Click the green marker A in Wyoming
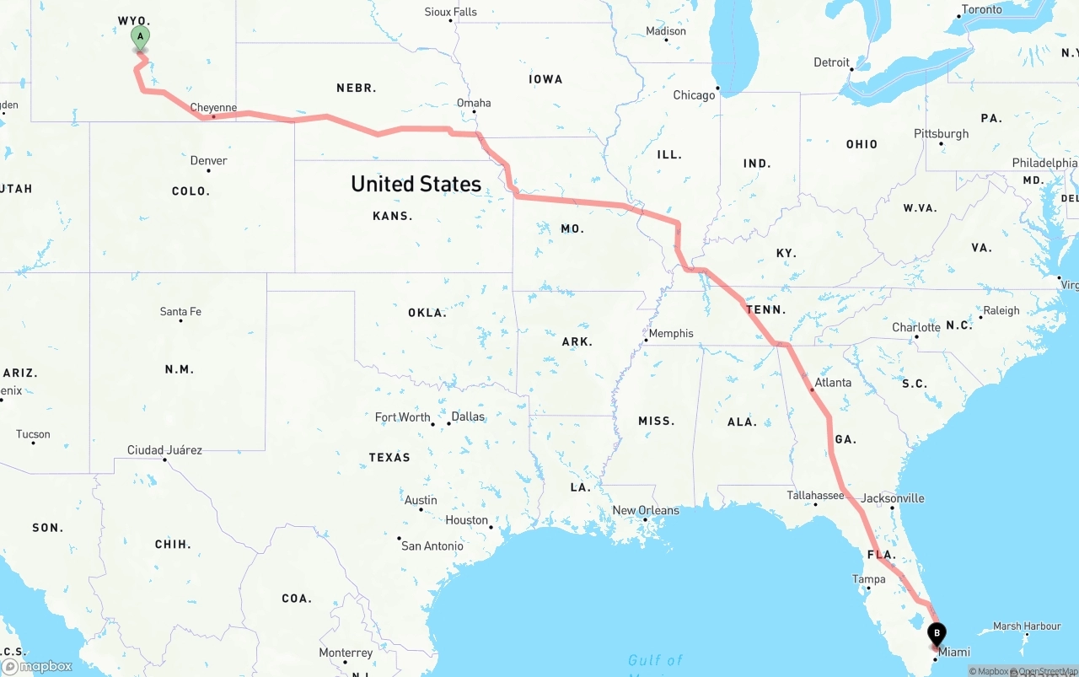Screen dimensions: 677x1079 140,37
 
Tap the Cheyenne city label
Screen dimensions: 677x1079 213,107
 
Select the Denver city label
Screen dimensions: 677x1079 208,160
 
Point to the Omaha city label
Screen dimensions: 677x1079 474,103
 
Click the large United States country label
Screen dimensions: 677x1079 416,184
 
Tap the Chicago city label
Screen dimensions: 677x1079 694,95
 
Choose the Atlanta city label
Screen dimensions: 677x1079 833,382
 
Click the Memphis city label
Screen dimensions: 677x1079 671,333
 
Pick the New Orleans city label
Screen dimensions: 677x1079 646,510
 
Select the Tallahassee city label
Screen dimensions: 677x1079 815,495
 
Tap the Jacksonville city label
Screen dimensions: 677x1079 893,497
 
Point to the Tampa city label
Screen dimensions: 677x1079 868,579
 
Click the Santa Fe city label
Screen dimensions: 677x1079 180,311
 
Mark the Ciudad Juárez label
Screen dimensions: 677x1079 164,449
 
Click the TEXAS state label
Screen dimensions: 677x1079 389,457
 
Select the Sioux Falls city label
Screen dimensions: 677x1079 450,12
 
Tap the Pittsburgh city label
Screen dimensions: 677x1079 941,133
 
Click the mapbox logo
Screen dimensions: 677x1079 37,666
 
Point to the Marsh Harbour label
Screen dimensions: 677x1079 1027,626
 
